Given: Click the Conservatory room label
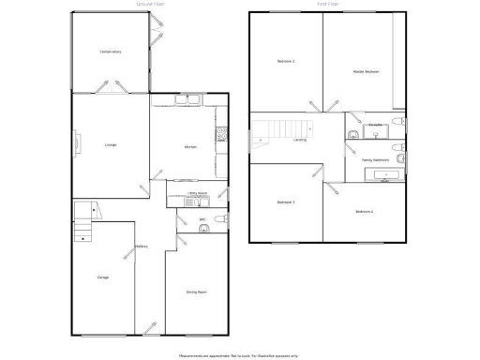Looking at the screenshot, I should coord(112,52).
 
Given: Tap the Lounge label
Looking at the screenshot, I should coord(111,144).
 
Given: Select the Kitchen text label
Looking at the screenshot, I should coord(189,147).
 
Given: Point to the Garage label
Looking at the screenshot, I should coord(103,277).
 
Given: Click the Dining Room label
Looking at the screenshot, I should coord(195,292).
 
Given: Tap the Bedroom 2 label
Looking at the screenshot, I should coord(286,62).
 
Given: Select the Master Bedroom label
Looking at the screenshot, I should coord(366,71).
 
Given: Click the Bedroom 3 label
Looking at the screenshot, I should coord(286,202).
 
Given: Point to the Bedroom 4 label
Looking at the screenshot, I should coord(365,211).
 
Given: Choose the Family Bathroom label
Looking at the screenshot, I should coord(375,159).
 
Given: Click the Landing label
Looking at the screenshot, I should coord(300,140).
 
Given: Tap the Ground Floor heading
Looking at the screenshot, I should coord(151,4).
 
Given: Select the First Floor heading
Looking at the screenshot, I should coord(327,4).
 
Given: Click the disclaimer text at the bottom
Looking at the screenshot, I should coord(239,355).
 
